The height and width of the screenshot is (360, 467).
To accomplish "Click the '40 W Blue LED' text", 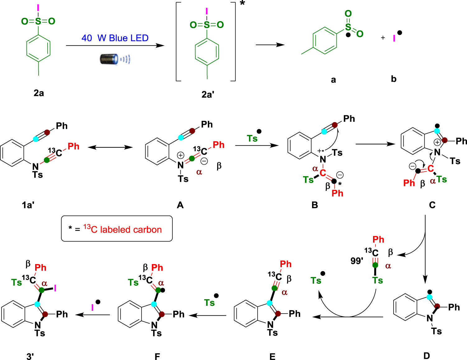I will point(115,38).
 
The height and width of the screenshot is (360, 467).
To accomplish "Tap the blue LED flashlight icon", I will point(114,59).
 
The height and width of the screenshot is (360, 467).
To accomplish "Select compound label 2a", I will point(39,93).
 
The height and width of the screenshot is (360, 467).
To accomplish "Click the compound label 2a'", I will point(208,94).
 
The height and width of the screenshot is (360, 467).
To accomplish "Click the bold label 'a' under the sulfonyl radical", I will point(333,80).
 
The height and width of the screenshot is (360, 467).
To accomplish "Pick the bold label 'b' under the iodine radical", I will point(394,79).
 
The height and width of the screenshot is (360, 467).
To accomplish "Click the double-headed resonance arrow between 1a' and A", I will point(110,147).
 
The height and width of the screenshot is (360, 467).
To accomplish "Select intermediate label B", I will point(315,205).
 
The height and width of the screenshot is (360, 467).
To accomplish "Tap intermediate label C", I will point(432,205).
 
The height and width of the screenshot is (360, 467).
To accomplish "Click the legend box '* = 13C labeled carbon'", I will point(117,229).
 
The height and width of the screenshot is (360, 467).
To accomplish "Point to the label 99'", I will point(357,261).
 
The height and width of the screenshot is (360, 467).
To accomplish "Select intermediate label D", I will point(427,356).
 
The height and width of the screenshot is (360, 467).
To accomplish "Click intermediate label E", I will point(272,357).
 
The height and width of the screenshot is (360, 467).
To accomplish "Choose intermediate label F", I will point(157,357).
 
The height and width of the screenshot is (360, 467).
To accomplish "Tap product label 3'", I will point(30,357).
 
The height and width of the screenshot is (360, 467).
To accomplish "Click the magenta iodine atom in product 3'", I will point(55,288).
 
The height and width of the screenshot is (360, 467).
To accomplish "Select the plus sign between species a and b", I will point(383,38).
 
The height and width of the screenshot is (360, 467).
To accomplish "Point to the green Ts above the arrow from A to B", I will point(252,138).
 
